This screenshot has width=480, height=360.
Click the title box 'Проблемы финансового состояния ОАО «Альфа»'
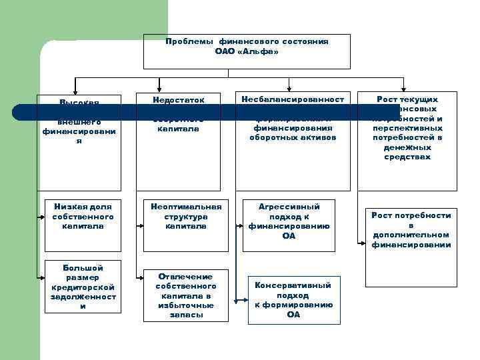click(x=247, y=51)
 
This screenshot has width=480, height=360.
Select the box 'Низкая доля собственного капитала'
click(x=83, y=217)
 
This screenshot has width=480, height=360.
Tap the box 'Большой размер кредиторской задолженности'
click(x=83, y=287)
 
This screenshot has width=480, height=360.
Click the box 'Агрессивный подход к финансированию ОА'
click(x=289, y=221)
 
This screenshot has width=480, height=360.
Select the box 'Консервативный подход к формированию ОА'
click(x=293, y=300)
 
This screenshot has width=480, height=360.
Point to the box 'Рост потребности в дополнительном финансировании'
click(x=411, y=230)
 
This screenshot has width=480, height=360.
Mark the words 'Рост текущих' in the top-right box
click(x=407, y=99)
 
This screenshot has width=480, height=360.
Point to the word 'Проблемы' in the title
click(x=189, y=41)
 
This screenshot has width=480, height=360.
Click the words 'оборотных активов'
click(x=289, y=137)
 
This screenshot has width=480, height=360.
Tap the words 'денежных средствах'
click(x=407, y=152)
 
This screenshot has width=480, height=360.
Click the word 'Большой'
click(x=83, y=267)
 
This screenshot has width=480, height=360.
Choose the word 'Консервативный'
click(x=293, y=285)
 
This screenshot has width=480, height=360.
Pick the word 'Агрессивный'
click(x=289, y=207)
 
